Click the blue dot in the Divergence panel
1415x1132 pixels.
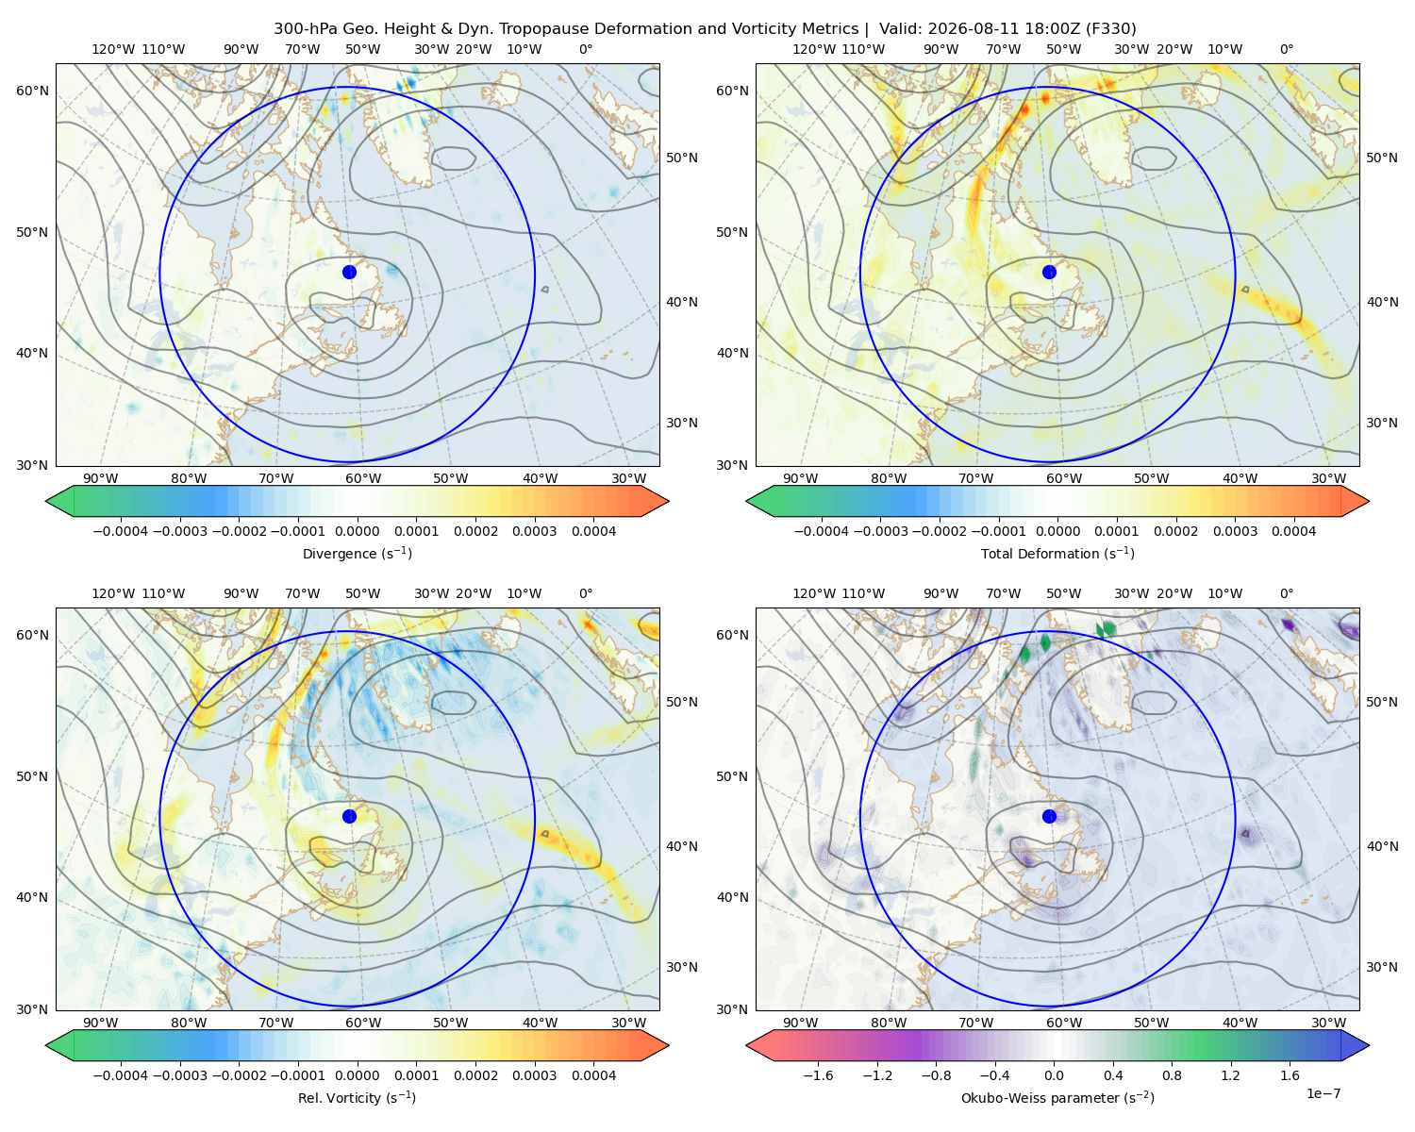(x=349, y=272)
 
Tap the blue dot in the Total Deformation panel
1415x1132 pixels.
(x=1049, y=272)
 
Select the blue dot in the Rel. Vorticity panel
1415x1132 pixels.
(x=349, y=816)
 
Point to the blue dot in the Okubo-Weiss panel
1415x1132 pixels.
(x=1049, y=816)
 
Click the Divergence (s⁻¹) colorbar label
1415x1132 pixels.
(x=357, y=553)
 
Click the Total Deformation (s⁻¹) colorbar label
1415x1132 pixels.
(x=1057, y=553)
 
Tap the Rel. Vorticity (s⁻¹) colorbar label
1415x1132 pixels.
(x=357, y=1097)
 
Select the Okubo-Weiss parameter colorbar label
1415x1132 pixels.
(x=1057, y=1097)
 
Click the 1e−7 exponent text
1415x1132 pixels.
(x=1323, y=1093)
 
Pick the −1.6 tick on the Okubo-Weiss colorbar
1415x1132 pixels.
(x=818, y=1074)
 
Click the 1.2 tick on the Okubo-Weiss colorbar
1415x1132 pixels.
(x=1231, y=1074)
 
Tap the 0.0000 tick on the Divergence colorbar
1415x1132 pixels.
(x=357, y=531)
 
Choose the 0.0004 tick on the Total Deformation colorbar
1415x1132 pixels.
(x=1293, y=531)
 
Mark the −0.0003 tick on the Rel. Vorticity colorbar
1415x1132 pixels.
(x=179, y=1074)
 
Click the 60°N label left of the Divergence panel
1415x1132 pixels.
(x=32, y=91)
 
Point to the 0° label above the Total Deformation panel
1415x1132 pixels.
(x=1286, y=49)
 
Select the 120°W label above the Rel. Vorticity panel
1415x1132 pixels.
(x=113, y=593)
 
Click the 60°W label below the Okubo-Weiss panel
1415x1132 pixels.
(x=1063, y=1023)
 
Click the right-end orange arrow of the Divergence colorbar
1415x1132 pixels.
(x=655, y=501)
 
